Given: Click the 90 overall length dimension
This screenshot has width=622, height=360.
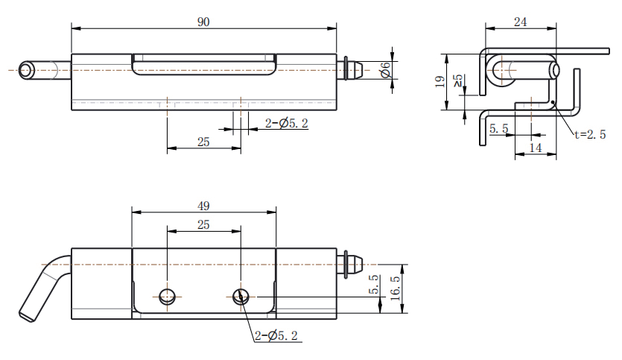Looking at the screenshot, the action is pyautogui.click(x=203, y=22).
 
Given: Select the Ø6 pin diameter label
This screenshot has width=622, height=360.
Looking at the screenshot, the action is pyautogui.click(x=385, y=70).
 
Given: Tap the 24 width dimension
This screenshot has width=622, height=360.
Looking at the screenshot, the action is pyautogui.click(x=520, y=22).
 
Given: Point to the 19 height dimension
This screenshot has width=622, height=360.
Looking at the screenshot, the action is pyautogui.click(x=439, y=81).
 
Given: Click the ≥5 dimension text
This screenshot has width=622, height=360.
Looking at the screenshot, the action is pyautogui.click(x=457, y=81).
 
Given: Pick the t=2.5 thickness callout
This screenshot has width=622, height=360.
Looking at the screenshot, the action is pyautogui.click(x=590, y=135).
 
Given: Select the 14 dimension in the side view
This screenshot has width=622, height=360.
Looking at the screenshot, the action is pyautogui.click(x=535, y=148).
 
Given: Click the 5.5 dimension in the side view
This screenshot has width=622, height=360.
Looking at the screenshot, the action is pyautogui.click(x=498, y=129).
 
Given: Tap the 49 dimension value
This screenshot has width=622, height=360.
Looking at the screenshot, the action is pyautogui.click(x=203, y=206).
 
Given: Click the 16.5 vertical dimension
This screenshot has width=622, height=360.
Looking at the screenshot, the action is pyautogui.click(x=395, y=288).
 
